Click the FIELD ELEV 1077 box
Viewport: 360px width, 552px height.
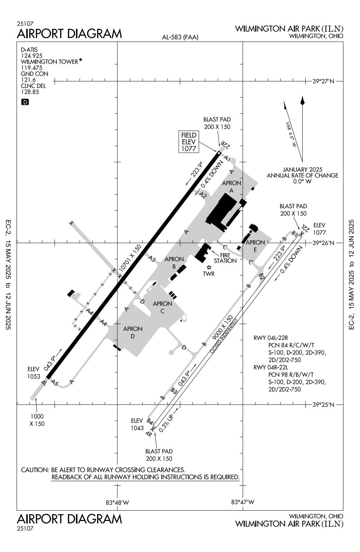point(189,142)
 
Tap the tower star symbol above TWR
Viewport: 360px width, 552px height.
point(209,268)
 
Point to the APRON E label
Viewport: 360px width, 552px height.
point(255,246)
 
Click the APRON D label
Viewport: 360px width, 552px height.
point(132,332)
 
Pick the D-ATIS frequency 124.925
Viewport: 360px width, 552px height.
point(32,55)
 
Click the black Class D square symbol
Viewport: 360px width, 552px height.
point(25,102)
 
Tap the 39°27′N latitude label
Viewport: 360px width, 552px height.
point(323,81)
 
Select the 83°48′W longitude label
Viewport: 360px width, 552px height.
point(117,502)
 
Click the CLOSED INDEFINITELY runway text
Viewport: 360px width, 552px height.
point(224,336)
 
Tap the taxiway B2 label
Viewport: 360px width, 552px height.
point(262,277)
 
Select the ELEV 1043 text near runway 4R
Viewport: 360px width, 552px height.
point(137,424)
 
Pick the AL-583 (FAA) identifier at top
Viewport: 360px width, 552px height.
point(180,37)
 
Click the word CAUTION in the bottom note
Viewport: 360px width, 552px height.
point(35,470)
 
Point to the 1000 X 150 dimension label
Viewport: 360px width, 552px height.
point(37,420)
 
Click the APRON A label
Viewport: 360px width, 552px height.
point(231,187)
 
